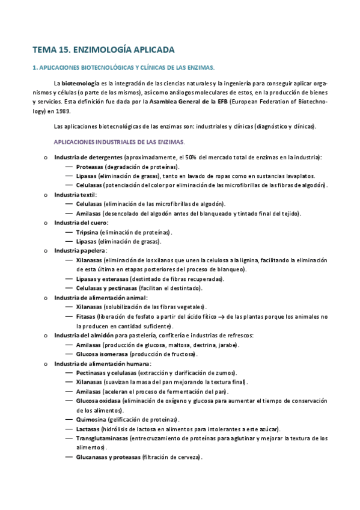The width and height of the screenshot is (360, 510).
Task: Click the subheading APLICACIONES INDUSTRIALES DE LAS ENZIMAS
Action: [119, 141]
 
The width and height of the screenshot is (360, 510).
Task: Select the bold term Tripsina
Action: [88, 232]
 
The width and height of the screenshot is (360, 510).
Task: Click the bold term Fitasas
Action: [88, 316]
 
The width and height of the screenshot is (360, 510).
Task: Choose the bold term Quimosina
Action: [91, 419]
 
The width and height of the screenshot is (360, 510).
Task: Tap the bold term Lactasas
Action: [89, 429]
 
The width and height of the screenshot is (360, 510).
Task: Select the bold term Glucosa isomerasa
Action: [105, 355]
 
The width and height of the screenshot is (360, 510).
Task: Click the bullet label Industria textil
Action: [75, 195]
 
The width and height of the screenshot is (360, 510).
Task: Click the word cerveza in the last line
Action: [188, 457]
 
